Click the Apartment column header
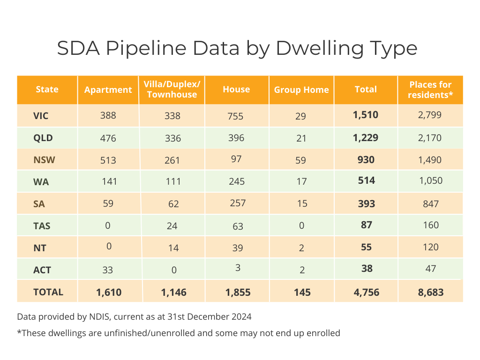(108, 90)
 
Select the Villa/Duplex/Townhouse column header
(172, 90)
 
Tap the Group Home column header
(301, 90)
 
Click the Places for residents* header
(430, 90)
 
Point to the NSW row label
(45, 160)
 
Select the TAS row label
(42, 226)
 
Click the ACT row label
(42, 270)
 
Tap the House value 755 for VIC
(236, 116)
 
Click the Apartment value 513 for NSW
(108, 160)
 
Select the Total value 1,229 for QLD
(366, 138)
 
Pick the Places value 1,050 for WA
(430, 181)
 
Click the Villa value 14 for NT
(173, 248)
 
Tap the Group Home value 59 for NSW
(301, 160)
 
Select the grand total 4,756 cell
(366, 292)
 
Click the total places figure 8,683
(430, 292)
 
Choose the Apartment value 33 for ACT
(107, 270)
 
